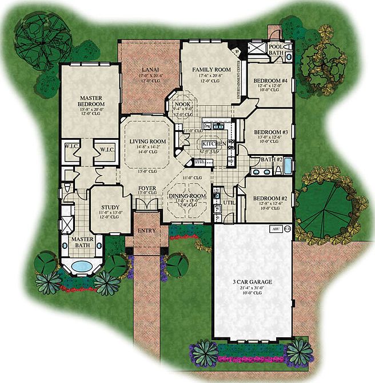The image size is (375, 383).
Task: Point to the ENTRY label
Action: pyautogui.click(x=146, y=231)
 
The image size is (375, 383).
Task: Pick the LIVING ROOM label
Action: pyautogui.click(x=147, y=142)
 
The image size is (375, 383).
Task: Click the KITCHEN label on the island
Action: pyautogui.click(x=209, y=145)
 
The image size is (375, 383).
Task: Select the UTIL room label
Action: pyautogui.click(x=229, y=203)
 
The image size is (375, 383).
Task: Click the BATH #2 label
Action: pyautogui.click(x=269, y=159)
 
